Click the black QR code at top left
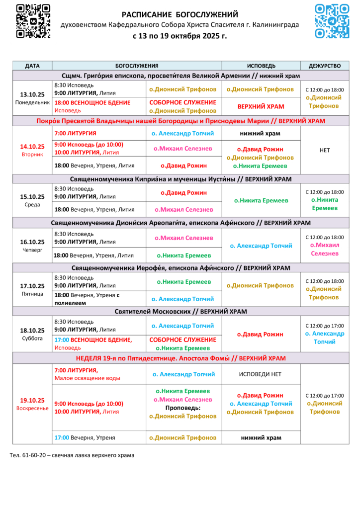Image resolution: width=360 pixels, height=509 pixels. pos(33,21)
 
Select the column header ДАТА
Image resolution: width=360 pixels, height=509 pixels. pos(32,66)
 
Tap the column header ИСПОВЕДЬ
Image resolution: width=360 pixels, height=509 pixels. pos(261,66)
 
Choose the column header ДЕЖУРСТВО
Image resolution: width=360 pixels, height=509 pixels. pos(324,66)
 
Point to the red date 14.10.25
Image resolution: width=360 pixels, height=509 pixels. pos(32,146)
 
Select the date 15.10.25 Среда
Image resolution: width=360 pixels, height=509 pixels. pos(32,197)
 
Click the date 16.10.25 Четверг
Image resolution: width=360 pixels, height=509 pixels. pos(32,242)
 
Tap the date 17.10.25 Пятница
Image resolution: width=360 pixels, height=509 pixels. pos(32,286)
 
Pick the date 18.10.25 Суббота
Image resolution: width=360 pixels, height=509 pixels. pos(32,330)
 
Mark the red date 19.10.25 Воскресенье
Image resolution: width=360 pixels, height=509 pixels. pos(32,400)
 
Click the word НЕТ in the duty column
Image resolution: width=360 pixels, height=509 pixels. pos(325,150)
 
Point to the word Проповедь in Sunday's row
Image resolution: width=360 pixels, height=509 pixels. pos(183,408)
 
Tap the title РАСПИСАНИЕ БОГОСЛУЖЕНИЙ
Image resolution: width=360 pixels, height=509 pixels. pos(180,15)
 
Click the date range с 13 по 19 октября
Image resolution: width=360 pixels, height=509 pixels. pos(180,36)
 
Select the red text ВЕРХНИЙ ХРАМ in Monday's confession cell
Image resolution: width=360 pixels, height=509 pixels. pos(261,106)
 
